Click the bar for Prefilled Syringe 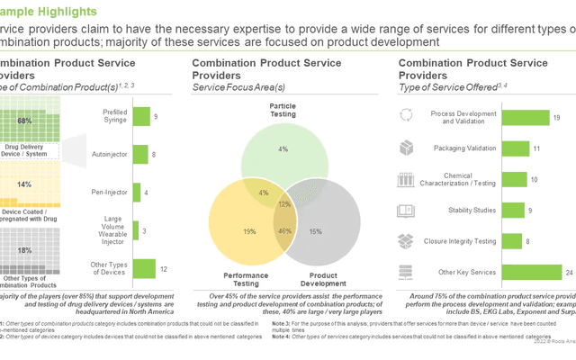pyautogui.click(x=140, y=116)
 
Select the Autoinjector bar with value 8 pyautogui.click(x=140, y=154)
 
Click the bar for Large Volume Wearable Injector pyautogui.click(x=137, y=229)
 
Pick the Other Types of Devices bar pyautogui.click(x=143, y=267)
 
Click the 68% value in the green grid pyautogui.click(x=24, y=121)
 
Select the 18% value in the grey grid pyautogui.click(x=24, y=249)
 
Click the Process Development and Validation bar pyautogui.click(x=518, y=117)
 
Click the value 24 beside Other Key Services pyautogui.click(x=568, y=271)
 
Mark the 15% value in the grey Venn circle pyautogui.click(x=316, y=231)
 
